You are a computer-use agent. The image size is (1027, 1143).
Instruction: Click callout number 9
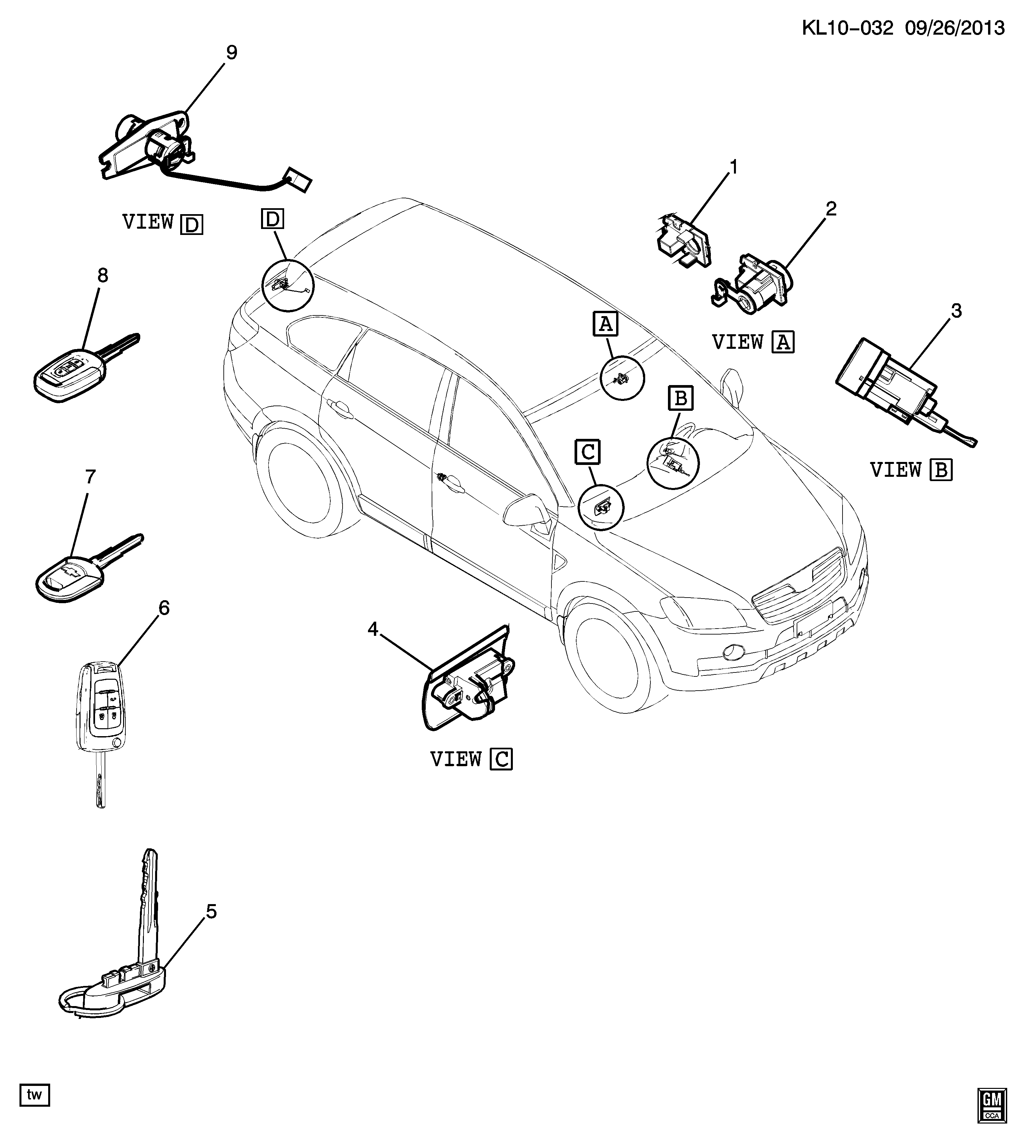231,52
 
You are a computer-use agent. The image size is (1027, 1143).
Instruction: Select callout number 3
956,311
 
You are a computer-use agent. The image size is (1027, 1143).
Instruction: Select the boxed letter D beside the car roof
273,218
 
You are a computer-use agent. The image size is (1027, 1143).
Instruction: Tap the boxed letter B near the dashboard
680,398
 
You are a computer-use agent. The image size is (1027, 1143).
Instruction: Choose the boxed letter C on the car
587,452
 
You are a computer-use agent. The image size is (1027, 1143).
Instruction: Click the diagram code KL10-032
847,28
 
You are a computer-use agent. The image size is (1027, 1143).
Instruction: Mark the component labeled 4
468,677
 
